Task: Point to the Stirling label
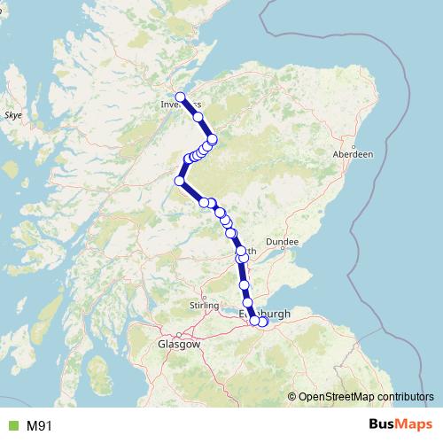tap(204, 305)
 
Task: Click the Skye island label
tap(13, 115)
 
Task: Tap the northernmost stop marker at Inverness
tap(180, 97)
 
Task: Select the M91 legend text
tap(39, 425)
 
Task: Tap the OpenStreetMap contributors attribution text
tap(366, 397)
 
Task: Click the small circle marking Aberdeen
tap(354, 147)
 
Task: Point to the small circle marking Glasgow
tap(178, 335)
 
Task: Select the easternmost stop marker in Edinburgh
tap(262, 322)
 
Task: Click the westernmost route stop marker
tap(180, 181)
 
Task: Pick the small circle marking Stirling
tap(205, 297)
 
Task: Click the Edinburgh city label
tap(266, 313)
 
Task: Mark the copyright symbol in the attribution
tap(291, 397)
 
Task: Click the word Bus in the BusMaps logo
tap(384, 424)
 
